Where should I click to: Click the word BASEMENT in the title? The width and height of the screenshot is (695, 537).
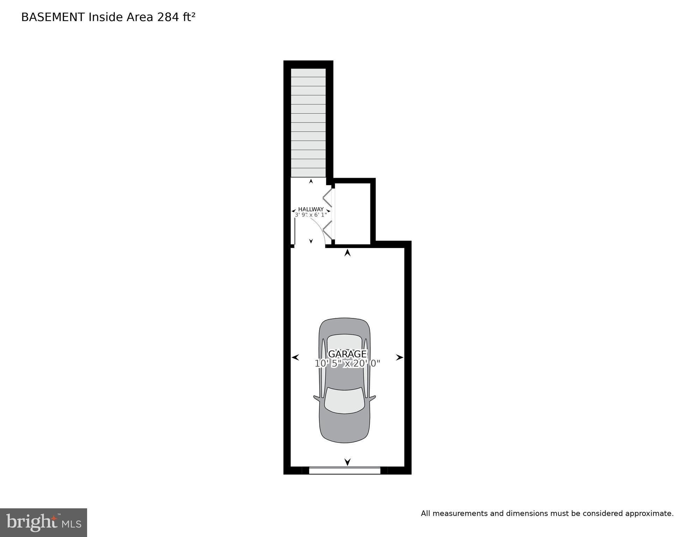click(x=53, y=17)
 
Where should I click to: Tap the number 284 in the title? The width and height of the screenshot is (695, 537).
click(x=167, y=17)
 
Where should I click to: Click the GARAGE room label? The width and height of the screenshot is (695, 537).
click(x=347, y=354)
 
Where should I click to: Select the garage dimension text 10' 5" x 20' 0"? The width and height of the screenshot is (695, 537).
click(x=347, y=364)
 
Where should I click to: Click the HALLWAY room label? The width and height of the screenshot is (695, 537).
click(x=311, y=209)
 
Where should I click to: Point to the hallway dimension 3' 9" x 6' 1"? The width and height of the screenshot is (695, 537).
click(x=311, y=215)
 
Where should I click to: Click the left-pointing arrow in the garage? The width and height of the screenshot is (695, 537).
click(x=295, y=357)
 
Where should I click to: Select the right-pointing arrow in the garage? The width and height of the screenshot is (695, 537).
click(x=399, y=357)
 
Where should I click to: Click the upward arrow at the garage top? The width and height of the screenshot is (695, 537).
click(x=347, y=253)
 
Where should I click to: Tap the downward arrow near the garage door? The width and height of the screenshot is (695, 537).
click(x=347, y=462)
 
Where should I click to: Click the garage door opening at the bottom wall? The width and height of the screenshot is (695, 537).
click(x=345, y=471)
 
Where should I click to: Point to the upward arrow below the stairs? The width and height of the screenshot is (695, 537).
click(x=311, y=181)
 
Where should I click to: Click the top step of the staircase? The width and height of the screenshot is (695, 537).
click(x=308, y=73)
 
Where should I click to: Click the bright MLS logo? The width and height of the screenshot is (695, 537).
click(x=43, y=522)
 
